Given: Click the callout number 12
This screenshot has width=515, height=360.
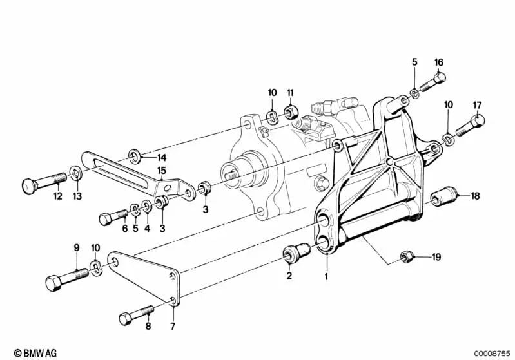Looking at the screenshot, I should (57, 196).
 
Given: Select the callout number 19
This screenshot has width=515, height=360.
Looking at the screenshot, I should (436, 258).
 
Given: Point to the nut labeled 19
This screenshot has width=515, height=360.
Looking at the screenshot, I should (407, 256).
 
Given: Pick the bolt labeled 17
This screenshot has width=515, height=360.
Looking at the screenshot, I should (471, 124).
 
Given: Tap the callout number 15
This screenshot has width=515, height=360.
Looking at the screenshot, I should (162, 170).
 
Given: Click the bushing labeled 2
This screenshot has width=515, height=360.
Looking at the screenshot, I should (296, 256).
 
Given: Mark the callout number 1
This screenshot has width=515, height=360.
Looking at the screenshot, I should (326, 276).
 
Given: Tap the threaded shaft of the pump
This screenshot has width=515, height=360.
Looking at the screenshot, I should (233, 172).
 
